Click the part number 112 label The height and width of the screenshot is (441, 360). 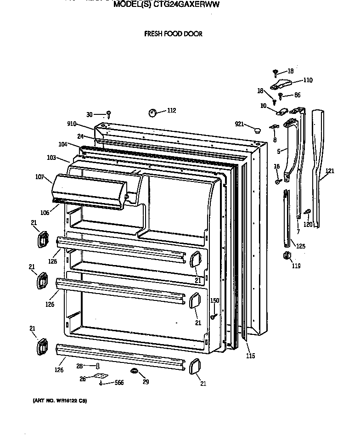(171, 110)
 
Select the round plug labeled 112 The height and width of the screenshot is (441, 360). (152, 113)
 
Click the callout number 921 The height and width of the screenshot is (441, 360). (238, 124)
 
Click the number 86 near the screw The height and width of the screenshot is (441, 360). (297, 95)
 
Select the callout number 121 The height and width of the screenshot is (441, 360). (330, 171)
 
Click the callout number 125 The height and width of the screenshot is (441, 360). (300, 246)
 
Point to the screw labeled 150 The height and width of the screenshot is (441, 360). (214, 316)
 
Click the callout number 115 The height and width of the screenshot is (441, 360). (250, 356)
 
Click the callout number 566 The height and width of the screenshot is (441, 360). (119, 383)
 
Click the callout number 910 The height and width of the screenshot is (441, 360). (72, 124)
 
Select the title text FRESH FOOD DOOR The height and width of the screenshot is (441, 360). (173, 34)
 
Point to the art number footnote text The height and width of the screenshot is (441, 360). (60, 401)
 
